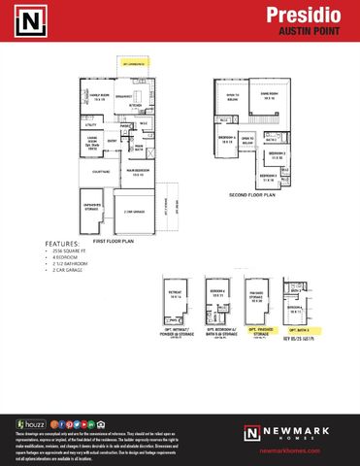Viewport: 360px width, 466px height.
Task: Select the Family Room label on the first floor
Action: [x=99, y=97]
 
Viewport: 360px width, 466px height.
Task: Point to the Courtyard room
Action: [x=100, y=172]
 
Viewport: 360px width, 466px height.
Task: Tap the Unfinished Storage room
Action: [x=95, y=206]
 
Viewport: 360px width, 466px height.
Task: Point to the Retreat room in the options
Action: [x=176, y=297]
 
